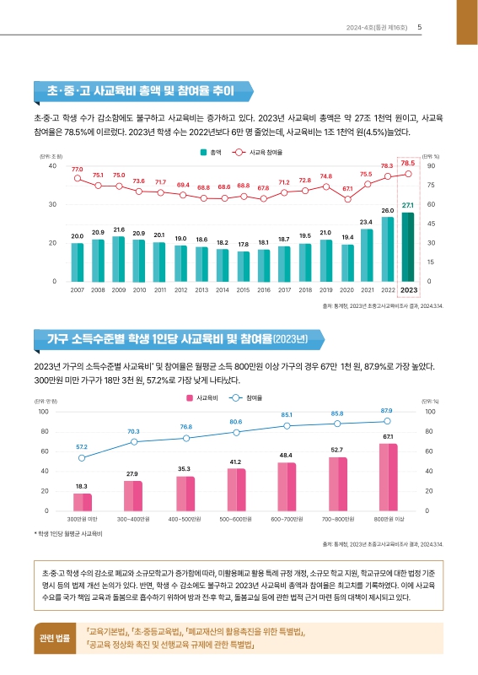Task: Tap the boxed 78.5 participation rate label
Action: tap(408, 163)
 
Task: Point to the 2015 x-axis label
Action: tap(243, 289)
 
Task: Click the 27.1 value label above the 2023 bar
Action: tap(408, 205)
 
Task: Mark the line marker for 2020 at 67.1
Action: tap(347, 199)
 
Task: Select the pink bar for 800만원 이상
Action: tap(388, 477)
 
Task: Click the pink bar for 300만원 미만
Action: tap(83, 501)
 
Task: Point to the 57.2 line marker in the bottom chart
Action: tap(82, 458)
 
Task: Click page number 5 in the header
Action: tap(420, 26)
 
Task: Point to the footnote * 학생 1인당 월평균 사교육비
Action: tap(67, 533)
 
